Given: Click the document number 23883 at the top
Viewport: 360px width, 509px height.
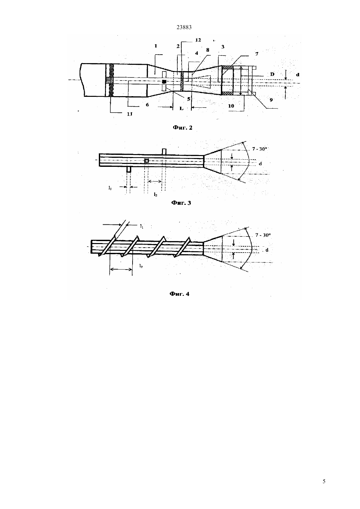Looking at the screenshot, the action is (184, 27).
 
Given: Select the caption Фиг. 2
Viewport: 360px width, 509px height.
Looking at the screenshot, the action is (183, 128).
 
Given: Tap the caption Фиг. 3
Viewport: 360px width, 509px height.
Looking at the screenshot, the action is (181, 203).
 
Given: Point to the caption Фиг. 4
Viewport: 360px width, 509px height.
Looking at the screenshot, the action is (180, 294).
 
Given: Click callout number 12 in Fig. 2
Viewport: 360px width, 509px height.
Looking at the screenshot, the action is (198, 40).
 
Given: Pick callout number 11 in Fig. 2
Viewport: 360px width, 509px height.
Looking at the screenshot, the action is (130, 114).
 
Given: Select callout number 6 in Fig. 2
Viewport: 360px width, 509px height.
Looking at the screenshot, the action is (147, 105).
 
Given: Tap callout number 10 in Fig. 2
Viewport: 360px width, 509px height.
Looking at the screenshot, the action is (231, 106).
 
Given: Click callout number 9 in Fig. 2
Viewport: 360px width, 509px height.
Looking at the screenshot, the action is (271, 100).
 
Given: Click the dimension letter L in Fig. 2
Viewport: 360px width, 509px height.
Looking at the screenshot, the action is (181, 108).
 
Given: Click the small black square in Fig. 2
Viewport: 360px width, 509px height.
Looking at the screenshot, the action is (164, 81).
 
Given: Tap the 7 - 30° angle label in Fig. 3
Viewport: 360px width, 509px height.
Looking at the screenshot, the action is (259, 149).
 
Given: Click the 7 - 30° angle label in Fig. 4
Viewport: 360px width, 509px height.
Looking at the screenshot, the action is (263, 235).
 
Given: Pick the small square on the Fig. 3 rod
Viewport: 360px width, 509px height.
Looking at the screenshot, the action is (147, 161).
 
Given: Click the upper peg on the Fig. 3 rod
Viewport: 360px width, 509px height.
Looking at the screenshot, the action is (164, 152).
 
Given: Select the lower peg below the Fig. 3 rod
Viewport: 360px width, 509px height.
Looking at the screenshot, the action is (129, 169).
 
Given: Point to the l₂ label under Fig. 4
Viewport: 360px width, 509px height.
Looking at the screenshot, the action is (141, 266).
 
